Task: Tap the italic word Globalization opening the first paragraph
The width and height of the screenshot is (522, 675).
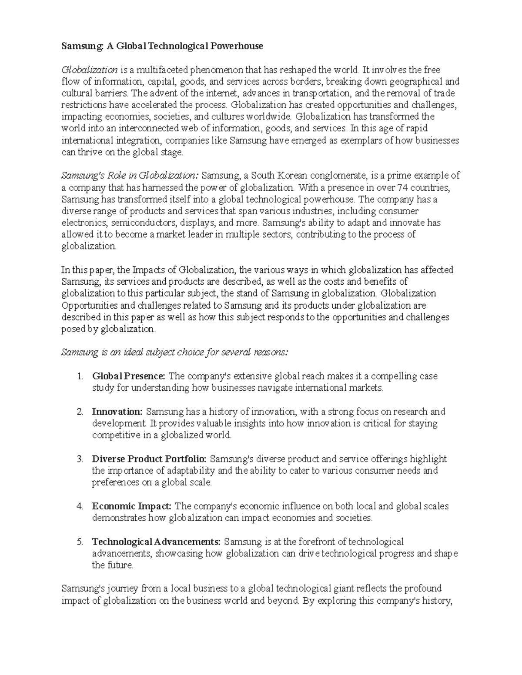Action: (x=90, y=70)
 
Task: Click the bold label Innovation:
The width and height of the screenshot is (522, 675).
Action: (x=117, y=412)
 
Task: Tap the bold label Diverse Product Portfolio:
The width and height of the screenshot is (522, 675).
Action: (x=150, y=459)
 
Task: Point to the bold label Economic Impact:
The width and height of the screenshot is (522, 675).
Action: (x=132, y=506)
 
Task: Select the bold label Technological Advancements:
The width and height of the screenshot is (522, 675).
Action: (x=156, y=542)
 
